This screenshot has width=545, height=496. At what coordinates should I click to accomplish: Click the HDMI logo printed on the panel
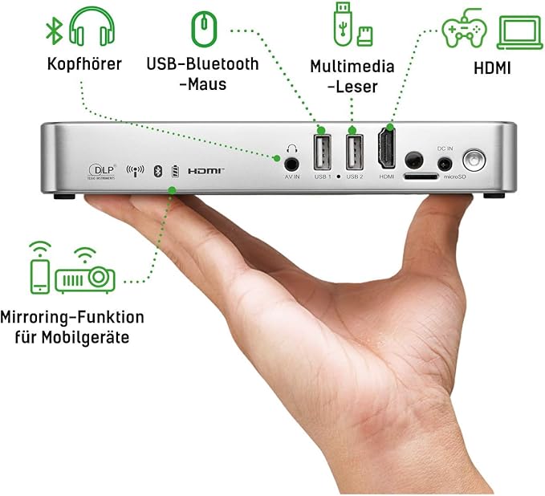click(205, 171)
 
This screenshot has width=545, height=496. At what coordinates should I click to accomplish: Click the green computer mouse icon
click(203, 30)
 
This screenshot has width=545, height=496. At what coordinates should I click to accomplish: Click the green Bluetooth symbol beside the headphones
click(54, 30)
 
